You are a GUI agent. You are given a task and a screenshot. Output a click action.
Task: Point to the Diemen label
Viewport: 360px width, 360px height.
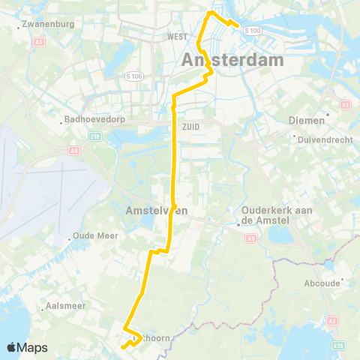tap(307, 120)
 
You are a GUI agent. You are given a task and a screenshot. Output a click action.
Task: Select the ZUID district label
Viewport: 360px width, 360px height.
tap(190, 127)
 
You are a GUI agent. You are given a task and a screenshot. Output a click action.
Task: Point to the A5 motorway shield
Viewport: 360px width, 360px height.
tap(38, 43)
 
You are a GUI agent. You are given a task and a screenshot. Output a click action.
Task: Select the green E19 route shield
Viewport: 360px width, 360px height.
tap(95, 137)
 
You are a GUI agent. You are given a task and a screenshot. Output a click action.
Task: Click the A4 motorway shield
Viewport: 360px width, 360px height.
tap(74, 151)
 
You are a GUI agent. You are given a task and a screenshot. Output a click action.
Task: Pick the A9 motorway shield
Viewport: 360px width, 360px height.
tap(250, 238)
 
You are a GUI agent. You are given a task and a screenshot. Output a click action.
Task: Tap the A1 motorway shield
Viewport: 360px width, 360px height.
tap(345, 106)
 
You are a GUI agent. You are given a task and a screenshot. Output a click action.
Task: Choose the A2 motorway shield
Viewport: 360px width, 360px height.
tap(332, 320)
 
